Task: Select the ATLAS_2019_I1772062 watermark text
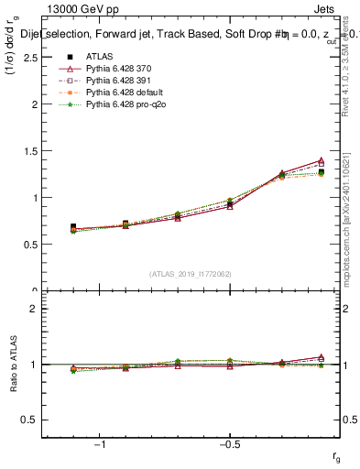[x=191, y=273]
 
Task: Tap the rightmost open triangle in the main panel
[x=320, y=160]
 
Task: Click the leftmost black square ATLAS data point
[x=73, y=226]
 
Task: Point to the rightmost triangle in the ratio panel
[x=320, y=357]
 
